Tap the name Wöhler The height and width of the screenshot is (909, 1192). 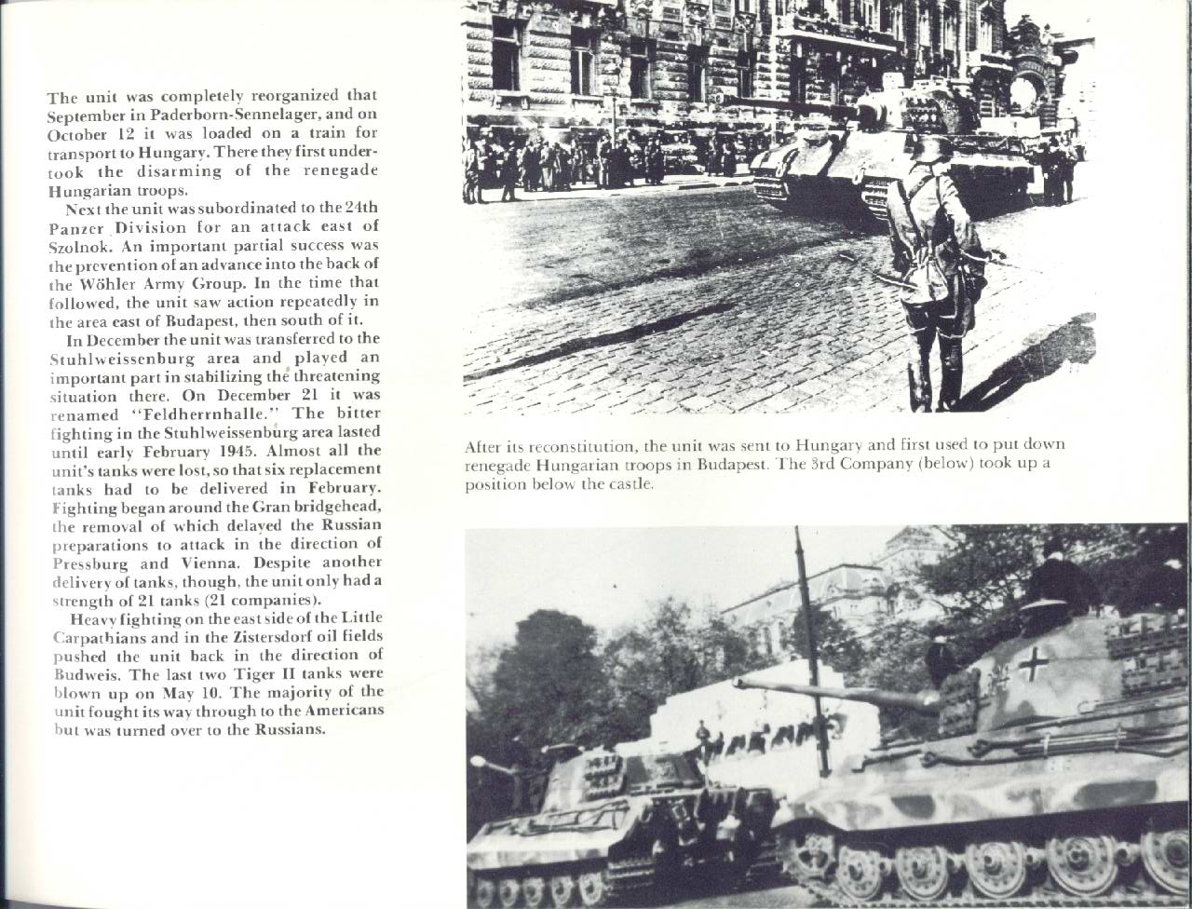[125, 284]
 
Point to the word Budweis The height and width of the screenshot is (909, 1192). [77, 673]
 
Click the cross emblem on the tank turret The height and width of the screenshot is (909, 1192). [1033, 663]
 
